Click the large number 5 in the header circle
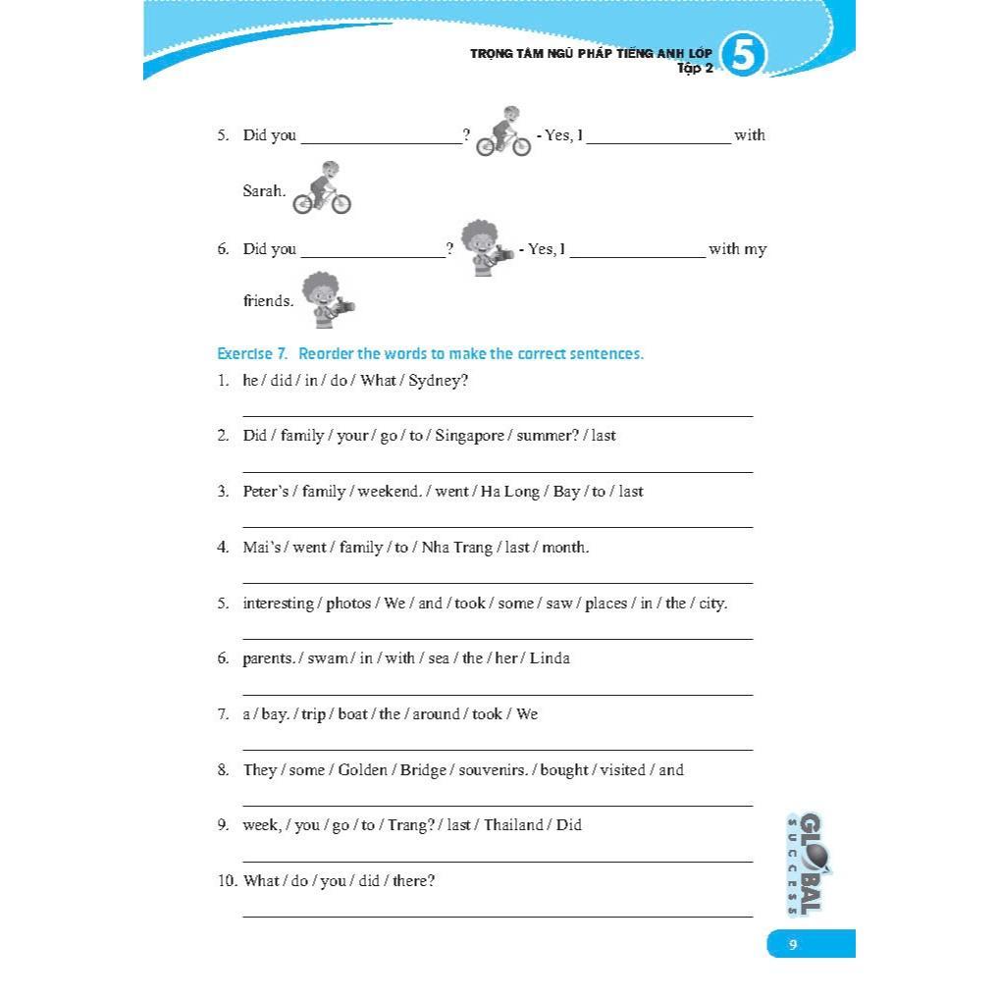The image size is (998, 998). pyautogui.click(x=743, y=58)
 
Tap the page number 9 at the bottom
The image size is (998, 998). pyautogui.click(x=793, y=945)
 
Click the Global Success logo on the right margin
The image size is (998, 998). pyautogui.click(x=810, y=864)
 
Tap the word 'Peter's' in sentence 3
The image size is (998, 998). pyautogui.click(x=266, y=492)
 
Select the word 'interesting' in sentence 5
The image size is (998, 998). pyautogui.click(x=278, y=604)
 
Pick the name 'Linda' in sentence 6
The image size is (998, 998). pyautogui.click(x=550, y=658)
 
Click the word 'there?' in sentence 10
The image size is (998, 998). pyautogui.click(x=413, y=881)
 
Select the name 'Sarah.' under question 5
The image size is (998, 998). pyautogui.click(x=264, y=191)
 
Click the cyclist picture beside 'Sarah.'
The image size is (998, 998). pyautogui.click(x=322, y=188)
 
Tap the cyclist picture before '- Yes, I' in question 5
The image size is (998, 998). pyautogui.click(x=503, y=132)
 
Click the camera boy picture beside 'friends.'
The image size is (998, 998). pyautogui.click(x=327, y=299)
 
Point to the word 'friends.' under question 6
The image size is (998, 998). pyautogui.click(x=268, y=301)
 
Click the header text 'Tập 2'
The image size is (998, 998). pyautogui.click(x=696, y=69)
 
